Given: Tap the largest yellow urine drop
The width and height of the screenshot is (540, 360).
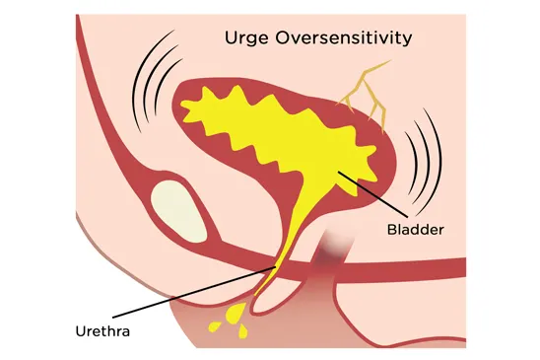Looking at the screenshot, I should pyautogui.click(x=236, y=314).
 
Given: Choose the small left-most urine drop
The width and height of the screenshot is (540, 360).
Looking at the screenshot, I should pyautogui.click(x=210, y=324).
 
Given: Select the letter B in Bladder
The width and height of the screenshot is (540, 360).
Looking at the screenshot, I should pyautogui.click(x=391, y=227).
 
